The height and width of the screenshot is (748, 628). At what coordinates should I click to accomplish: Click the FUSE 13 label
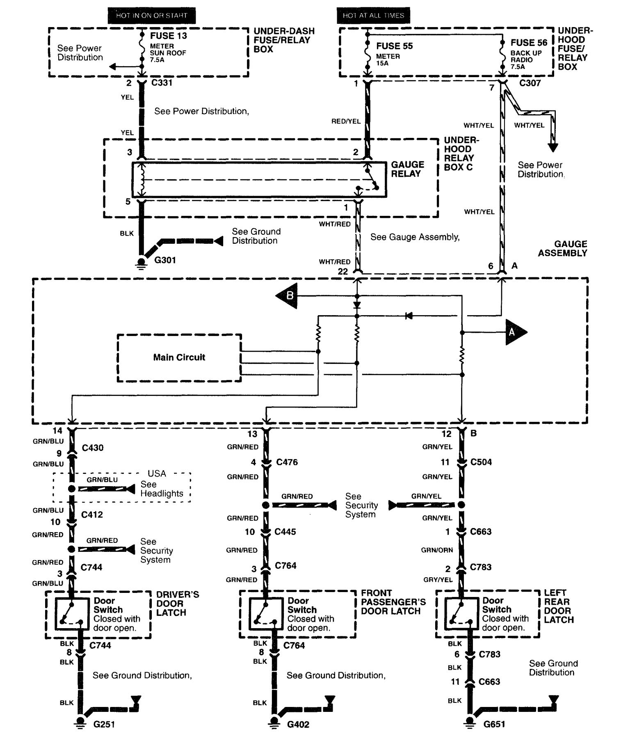[x=169, y=36]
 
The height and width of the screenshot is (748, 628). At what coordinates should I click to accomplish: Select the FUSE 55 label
[x=394, y=46]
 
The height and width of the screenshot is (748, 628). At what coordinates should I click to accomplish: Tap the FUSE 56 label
[x=529, y=43]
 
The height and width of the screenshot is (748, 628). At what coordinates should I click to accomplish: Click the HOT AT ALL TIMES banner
[x=373, y=16]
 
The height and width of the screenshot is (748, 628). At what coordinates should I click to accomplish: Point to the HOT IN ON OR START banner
[x=151, y=16]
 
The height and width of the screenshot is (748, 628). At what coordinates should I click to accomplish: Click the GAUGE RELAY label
[x=407, y=169]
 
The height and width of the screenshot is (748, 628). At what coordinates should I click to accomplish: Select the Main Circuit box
[x=179, y=357]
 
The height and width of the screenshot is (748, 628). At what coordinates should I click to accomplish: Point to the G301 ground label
[x=165, y=260]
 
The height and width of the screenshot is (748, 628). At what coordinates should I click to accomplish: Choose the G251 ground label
[x=104, y=724]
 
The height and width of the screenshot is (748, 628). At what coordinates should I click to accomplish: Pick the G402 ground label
[x=298, y=724]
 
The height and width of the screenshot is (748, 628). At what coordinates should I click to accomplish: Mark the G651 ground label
[x=494, y=724]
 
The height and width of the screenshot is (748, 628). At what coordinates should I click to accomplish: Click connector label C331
[x=162, y=83]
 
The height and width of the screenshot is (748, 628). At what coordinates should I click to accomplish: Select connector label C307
[x=530, y=83]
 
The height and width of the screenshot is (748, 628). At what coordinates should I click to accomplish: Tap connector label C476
[x=287, y=462]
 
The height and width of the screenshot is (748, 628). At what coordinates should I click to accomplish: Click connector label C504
[x=481, y=462]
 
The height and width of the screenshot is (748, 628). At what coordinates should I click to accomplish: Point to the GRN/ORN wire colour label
[x=437, y=550]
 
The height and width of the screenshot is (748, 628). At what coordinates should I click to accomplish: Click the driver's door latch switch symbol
[x=72, y=614]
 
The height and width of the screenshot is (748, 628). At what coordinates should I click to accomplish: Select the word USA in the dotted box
[x=157, y=474]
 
